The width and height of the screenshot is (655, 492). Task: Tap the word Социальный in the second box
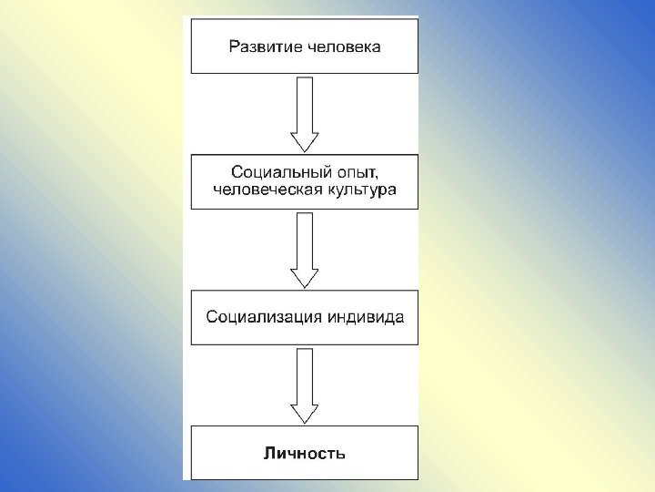coord(269,171)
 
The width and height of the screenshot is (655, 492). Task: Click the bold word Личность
coord(304,453)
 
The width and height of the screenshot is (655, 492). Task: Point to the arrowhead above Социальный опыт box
coord(304,141)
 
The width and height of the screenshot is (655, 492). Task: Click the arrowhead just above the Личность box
coord(304,413)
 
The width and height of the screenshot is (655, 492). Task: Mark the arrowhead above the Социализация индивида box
coord(304,277)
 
